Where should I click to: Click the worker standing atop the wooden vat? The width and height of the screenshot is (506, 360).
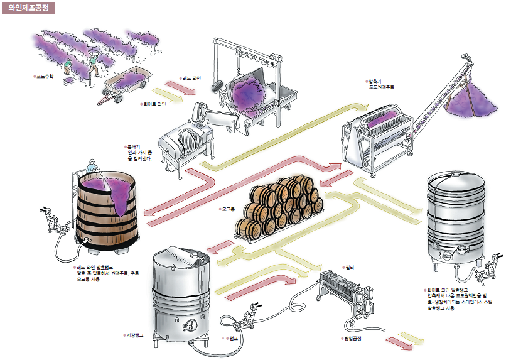tap(93, 167)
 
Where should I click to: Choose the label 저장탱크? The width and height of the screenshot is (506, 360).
tap(135, 335)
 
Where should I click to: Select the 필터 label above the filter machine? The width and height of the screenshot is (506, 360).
tap(350, 267)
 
